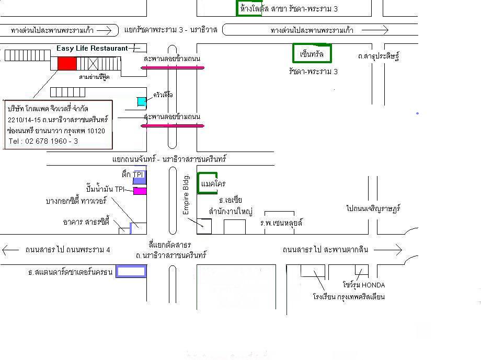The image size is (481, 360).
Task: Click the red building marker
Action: (x=67, y=63)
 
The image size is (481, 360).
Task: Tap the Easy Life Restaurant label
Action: (x=92, y=48)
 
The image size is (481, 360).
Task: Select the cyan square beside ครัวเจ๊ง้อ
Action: (x=142, y=101)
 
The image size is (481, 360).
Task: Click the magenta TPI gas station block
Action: (x=140, y=191)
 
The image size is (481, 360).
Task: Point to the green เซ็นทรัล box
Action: (x=312, y=54)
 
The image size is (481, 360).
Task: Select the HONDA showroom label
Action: (x=364, y=285)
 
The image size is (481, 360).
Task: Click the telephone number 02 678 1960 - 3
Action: (x=43, y=141)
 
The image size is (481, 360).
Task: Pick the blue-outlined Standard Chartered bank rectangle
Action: (x=131, y=271)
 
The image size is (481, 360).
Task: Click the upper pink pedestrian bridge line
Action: (x=173, y=67)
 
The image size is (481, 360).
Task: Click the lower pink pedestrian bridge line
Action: (x=173, y=125)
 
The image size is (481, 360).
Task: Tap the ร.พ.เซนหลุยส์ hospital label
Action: (x=281, y=223)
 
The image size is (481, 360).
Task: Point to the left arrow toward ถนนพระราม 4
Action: (x=10, y=250)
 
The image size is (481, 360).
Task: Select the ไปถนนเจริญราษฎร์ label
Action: (x=373, y=208)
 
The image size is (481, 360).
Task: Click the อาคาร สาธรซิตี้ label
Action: (x=86, y=222)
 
